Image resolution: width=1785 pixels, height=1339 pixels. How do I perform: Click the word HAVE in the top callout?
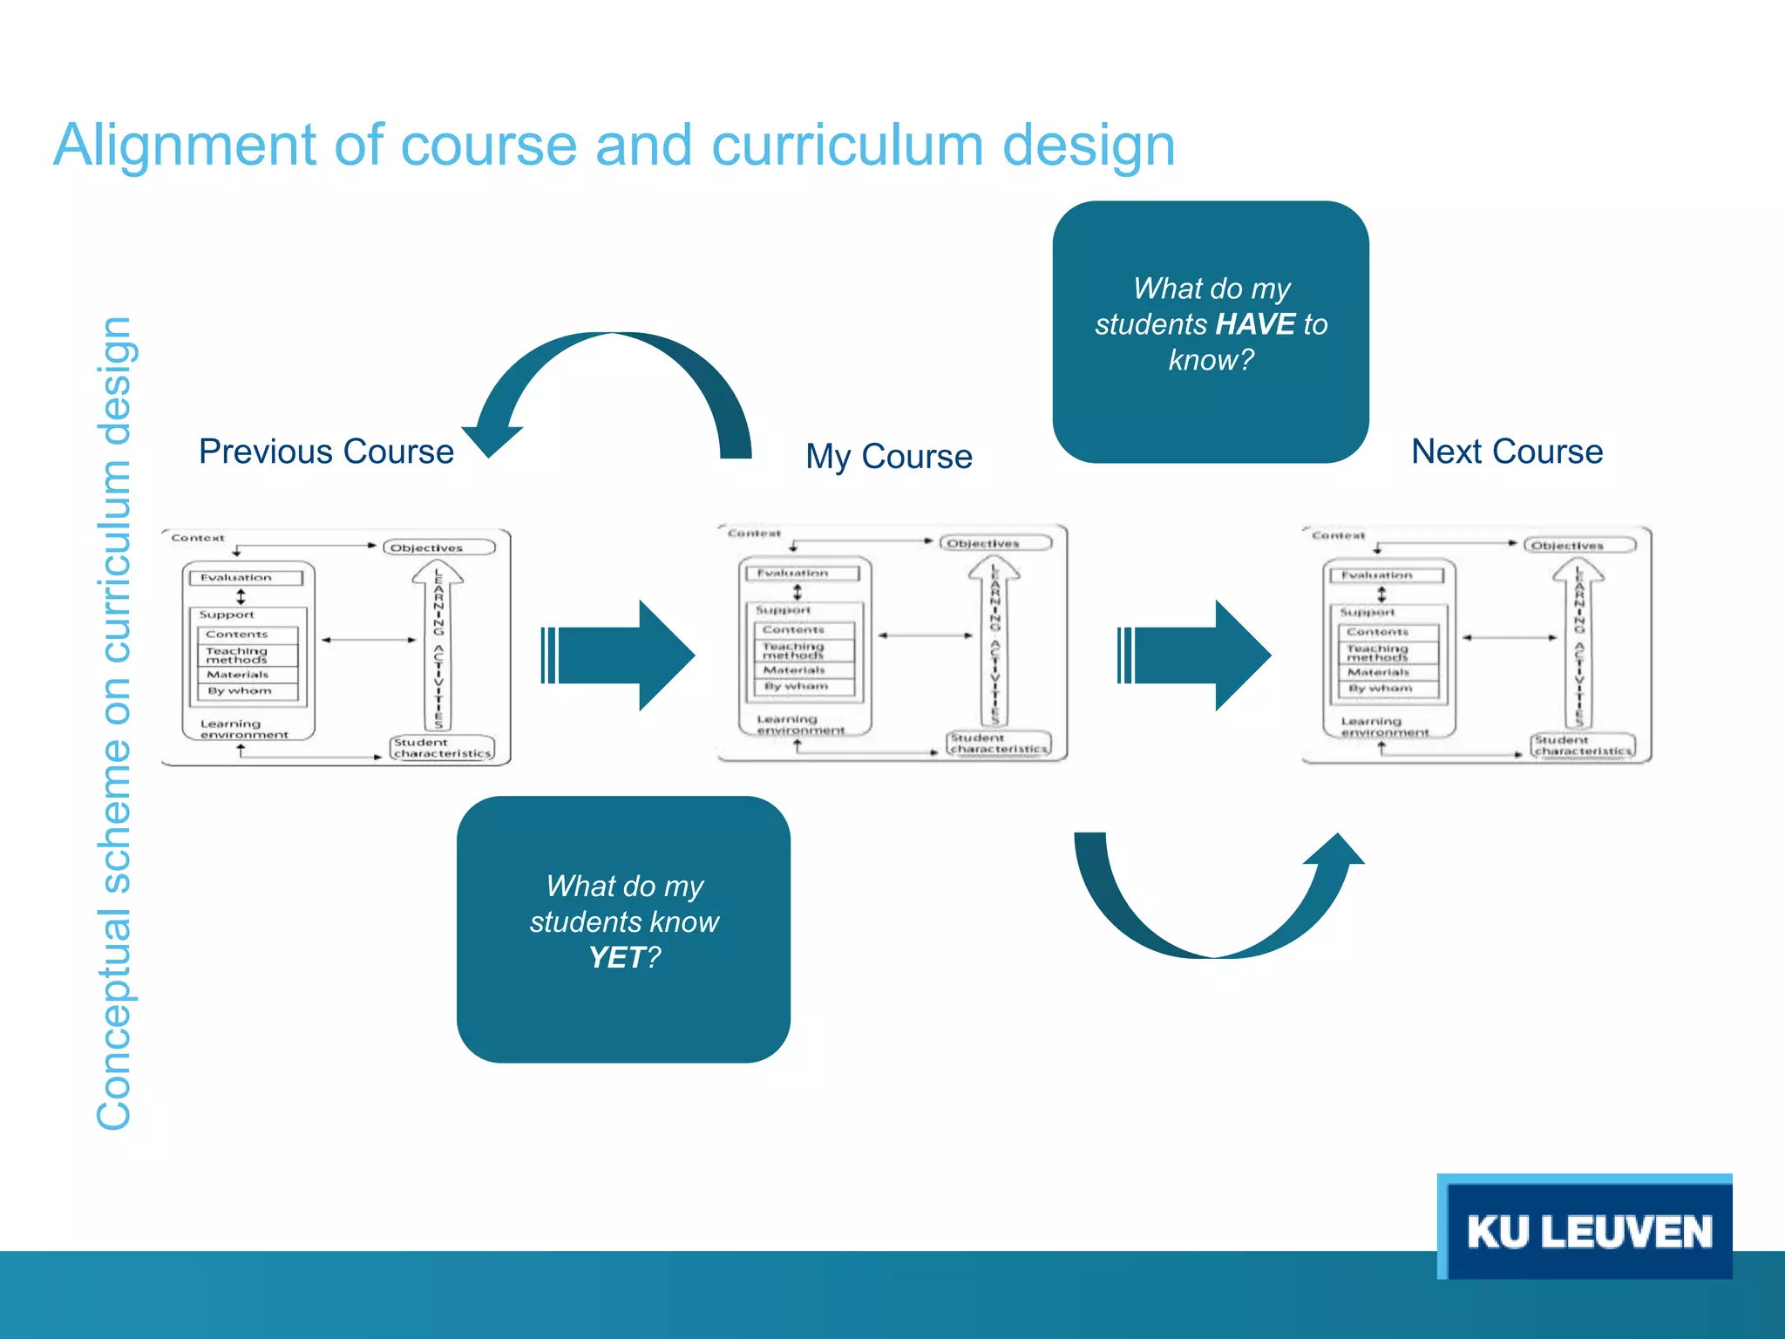pos(1254,324)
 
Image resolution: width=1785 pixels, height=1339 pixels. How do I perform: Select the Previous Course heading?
pos(326,452)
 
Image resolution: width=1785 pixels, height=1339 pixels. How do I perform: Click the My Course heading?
pos(888,456)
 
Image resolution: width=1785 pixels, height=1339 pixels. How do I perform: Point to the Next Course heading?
pos(1507,452)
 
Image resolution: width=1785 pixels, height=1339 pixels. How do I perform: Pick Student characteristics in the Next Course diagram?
pos(1582,745)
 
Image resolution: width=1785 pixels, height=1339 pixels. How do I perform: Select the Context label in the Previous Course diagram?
pos(198,538)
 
